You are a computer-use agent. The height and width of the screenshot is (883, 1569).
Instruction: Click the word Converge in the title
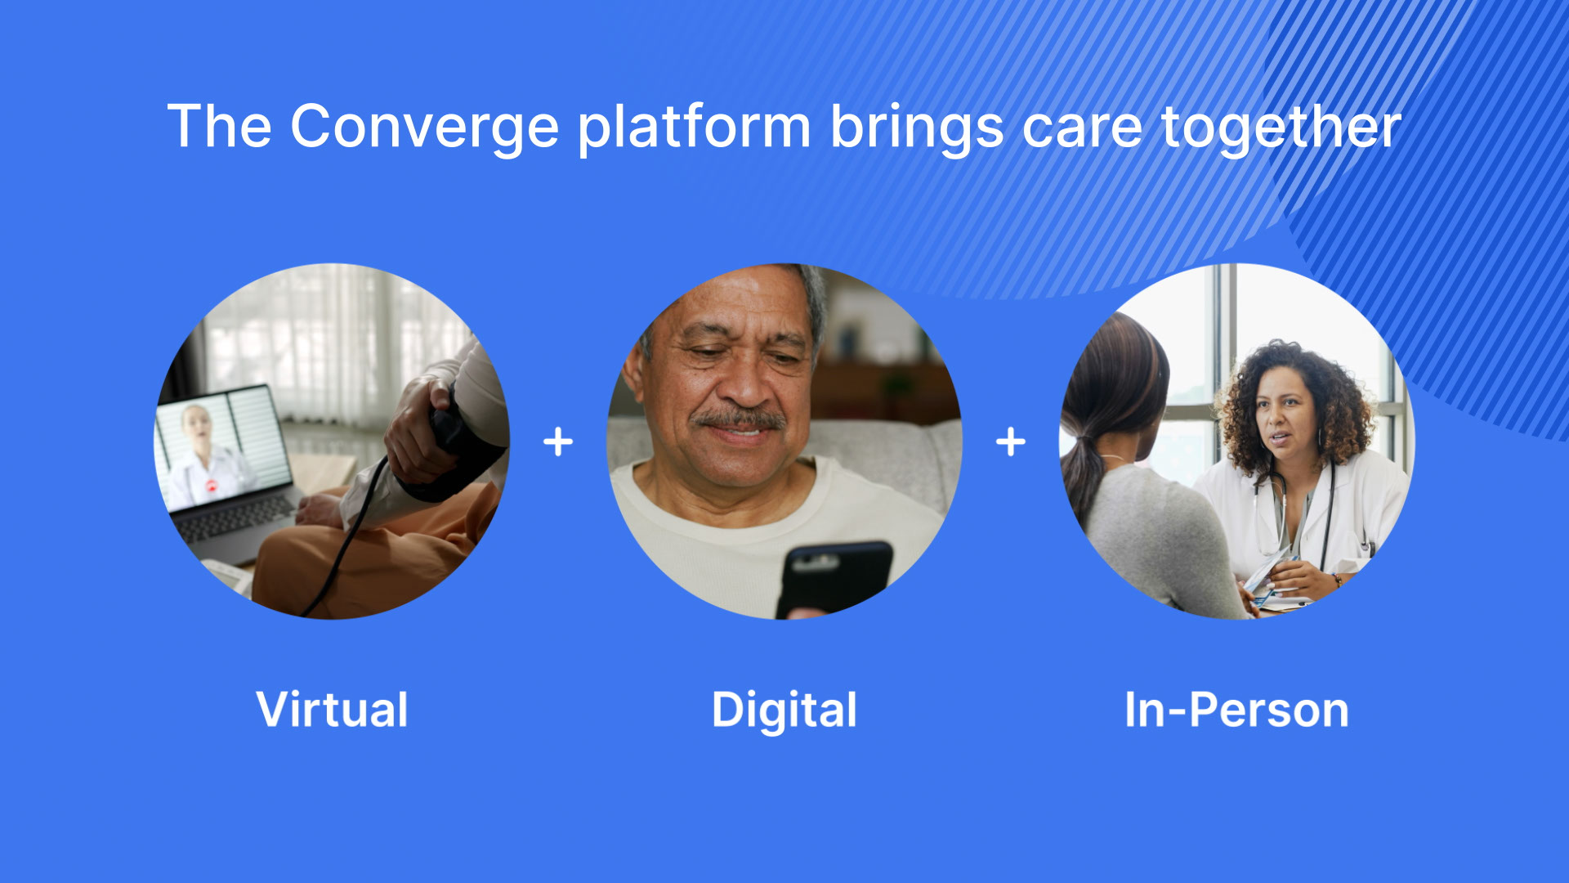tap(425, 128)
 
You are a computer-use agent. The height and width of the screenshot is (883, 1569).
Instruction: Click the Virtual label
tap(332, 709)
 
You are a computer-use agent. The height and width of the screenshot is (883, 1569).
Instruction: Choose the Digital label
tap(784, 710)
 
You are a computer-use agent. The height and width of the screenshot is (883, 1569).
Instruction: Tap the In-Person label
tap(1236, 710)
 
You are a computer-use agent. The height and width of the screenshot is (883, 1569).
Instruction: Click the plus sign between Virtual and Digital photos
tap(558, 441)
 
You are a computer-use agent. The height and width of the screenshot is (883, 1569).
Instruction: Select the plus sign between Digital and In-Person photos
tap(1011, 441)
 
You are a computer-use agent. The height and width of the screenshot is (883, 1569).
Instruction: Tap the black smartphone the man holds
tap(834, 580)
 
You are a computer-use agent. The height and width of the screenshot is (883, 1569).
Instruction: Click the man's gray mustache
tap(740, 419)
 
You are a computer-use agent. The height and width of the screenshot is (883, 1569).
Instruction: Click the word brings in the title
tap(917, 128)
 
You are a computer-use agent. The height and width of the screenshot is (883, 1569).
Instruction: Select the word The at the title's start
tap(220, 127)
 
